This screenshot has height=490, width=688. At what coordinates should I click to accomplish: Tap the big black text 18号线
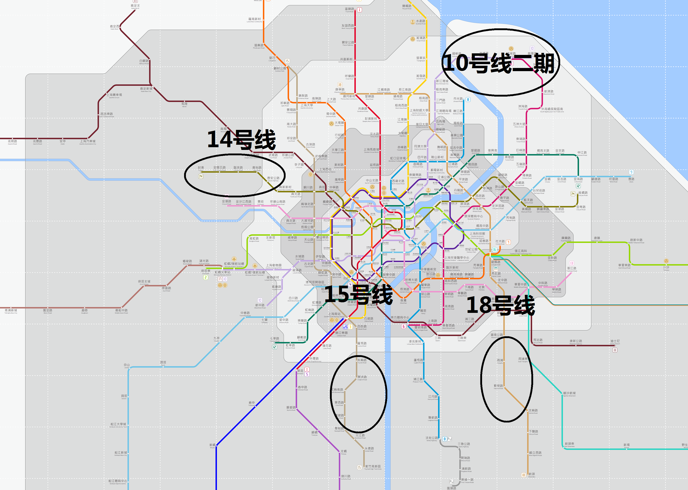501,305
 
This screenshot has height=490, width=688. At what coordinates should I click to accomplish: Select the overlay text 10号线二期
498,63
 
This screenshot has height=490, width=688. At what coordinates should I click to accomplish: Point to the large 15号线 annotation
358,294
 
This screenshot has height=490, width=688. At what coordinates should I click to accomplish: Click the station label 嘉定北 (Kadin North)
135,6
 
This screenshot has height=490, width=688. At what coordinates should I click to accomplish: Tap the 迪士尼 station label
615,341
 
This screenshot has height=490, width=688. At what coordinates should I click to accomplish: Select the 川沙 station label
666,268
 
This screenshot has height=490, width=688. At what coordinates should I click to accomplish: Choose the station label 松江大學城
118,424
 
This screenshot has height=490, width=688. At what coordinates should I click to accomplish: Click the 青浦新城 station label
11,310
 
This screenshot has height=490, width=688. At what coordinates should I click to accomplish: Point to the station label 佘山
127,365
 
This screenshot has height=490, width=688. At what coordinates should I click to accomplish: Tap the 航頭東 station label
569,444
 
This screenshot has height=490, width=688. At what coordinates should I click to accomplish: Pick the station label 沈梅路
533,411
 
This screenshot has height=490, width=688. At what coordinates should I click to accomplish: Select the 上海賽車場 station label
114,95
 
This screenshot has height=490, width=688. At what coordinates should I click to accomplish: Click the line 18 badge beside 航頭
524,475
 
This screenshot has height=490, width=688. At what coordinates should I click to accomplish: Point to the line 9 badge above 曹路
631,172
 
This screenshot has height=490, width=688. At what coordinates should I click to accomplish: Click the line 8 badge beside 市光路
468,99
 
